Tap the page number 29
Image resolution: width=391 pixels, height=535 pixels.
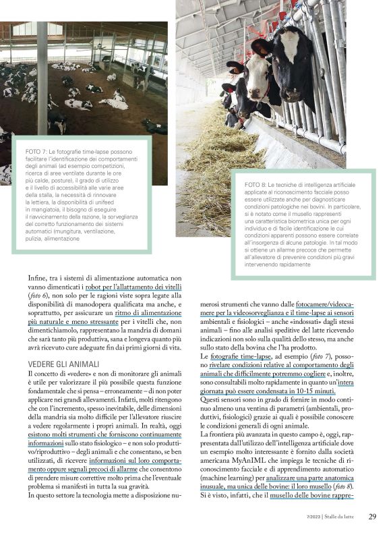pyautogui.click(x=372, y=517)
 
